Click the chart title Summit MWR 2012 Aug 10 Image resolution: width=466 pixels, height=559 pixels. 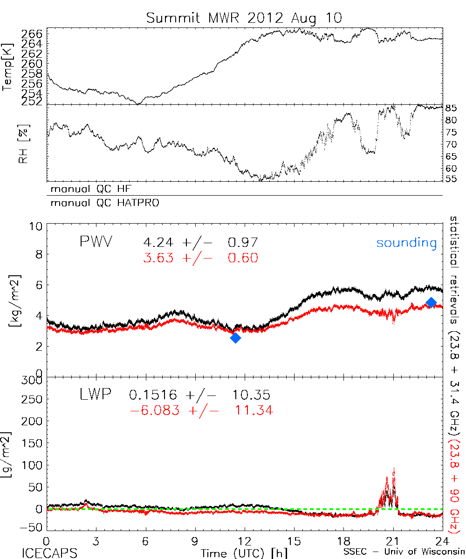(244, 18)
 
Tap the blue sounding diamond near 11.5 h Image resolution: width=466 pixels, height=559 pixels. (236, 338)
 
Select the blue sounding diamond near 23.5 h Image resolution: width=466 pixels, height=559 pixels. (431, 303)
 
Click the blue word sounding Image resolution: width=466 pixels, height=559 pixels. (407, 243)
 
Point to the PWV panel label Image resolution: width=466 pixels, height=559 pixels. (97, 242)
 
